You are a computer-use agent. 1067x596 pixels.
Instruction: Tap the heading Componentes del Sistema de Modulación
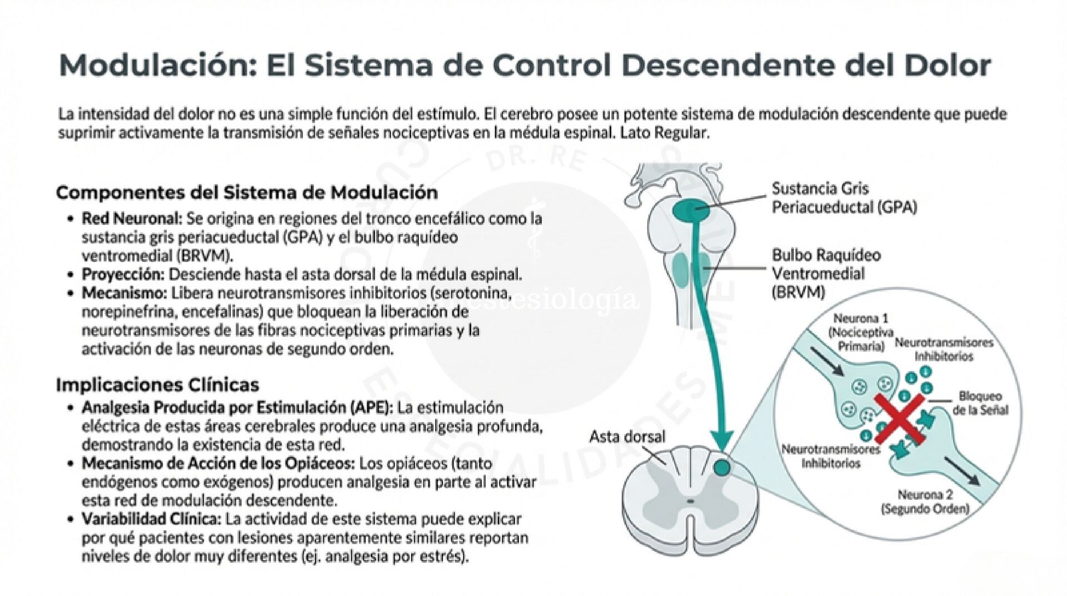point(247,193)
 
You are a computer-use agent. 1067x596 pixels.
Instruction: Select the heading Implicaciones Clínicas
point(157,385)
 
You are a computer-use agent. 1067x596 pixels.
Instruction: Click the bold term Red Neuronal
point(132,218)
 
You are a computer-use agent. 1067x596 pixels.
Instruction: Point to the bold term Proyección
point(123,275)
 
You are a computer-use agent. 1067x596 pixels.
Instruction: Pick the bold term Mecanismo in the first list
point(124,293)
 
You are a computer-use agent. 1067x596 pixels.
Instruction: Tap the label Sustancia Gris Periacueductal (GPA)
point(844,198)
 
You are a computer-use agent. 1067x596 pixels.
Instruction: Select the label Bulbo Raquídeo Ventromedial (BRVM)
point(826,273)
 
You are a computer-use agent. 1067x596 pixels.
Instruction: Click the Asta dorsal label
point(627,436)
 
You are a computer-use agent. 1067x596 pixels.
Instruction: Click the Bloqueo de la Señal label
point(980,403)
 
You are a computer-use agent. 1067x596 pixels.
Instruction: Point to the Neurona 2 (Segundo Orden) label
point(925,501)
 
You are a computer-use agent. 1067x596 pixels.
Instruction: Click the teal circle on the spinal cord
point(721,468)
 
